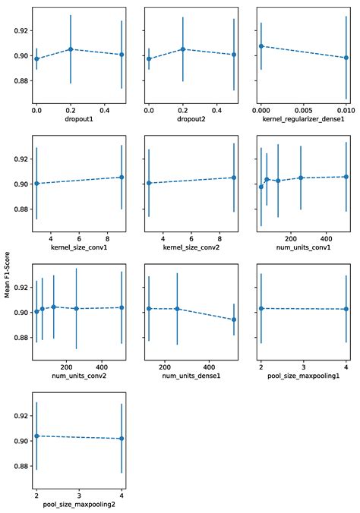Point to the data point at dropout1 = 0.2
71,49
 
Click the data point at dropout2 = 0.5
234,55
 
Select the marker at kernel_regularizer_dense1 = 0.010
346,58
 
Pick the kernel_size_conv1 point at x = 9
122,177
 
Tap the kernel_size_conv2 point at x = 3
149,183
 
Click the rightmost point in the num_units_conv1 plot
346,177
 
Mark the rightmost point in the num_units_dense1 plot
234,319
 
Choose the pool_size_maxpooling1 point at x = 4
346,309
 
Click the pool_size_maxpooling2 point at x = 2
36,436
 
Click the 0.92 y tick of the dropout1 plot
20,30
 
